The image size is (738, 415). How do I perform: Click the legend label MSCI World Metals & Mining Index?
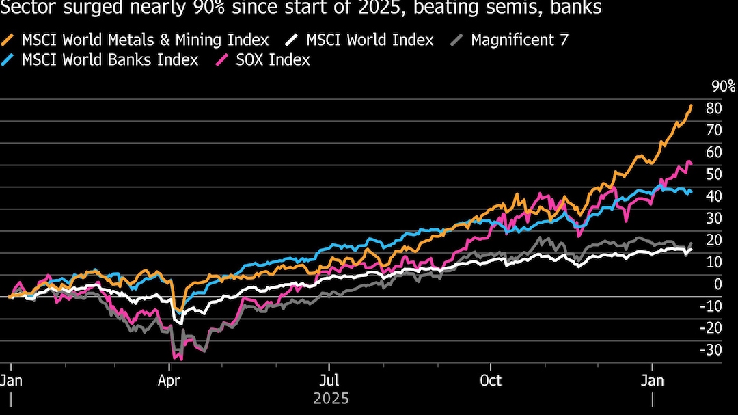click(x=145, y=40)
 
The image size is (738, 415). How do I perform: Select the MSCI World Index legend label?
click(x=370, y=40)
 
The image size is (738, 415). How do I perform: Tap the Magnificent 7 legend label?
click(x=519, y=40)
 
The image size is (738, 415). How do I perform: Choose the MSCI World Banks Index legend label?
click(x=110, y=59)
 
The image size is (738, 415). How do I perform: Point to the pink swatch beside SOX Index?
click(x=221, y=59)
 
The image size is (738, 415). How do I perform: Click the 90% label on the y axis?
click(x=723, y=86)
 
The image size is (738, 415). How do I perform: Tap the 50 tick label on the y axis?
click(x=713, y=174)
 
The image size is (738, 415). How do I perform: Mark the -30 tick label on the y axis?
click(x=711, y=350)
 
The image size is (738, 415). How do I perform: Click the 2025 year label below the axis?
click(x=331, y=398)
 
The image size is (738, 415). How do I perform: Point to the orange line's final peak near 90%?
click(x=692, y=105)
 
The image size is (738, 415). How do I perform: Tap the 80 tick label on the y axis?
click(x=713, y=108)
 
